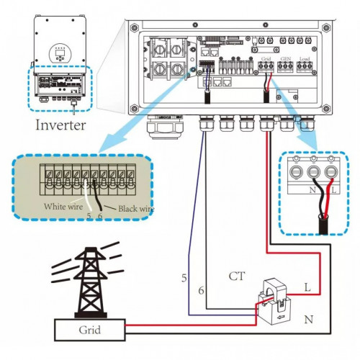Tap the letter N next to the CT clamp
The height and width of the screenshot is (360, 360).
coord(307,318)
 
